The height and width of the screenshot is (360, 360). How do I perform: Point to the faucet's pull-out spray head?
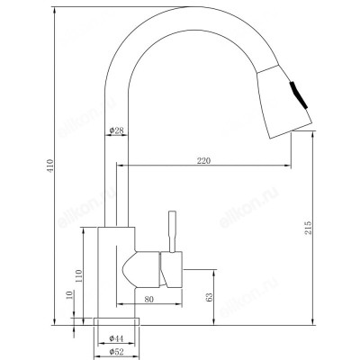click(x=284, y=94)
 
